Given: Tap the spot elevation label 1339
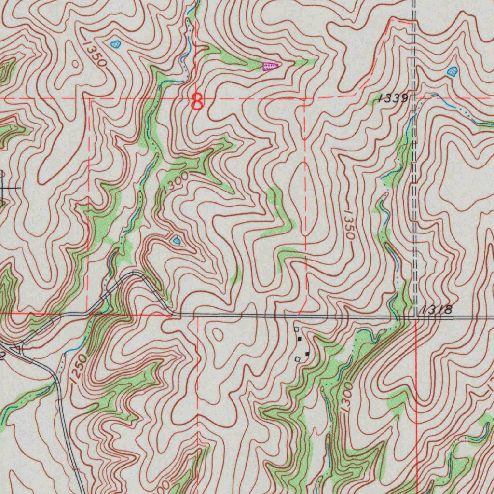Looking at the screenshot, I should (x=394, y=98).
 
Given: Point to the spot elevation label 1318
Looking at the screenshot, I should (x=436, y=310).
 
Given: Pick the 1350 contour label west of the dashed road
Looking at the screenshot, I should (x=349, y=225).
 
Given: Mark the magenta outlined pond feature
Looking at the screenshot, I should (x=270, y=67).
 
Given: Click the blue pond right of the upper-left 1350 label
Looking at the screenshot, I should (x=115, y=45).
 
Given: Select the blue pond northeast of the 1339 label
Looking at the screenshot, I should (x=453, y=72).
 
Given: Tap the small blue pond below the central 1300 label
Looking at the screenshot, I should (x=177, y=240).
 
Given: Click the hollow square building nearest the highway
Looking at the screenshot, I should (x=297, y=329).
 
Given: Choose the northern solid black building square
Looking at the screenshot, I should (x=300, y=339).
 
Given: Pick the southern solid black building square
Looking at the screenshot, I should (x=307, y=355).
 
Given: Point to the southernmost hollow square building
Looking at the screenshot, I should (x=298, y=359).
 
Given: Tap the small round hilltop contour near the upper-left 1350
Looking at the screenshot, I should (x=75, y=63).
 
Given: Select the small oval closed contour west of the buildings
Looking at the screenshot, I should (x=217, y=334).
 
